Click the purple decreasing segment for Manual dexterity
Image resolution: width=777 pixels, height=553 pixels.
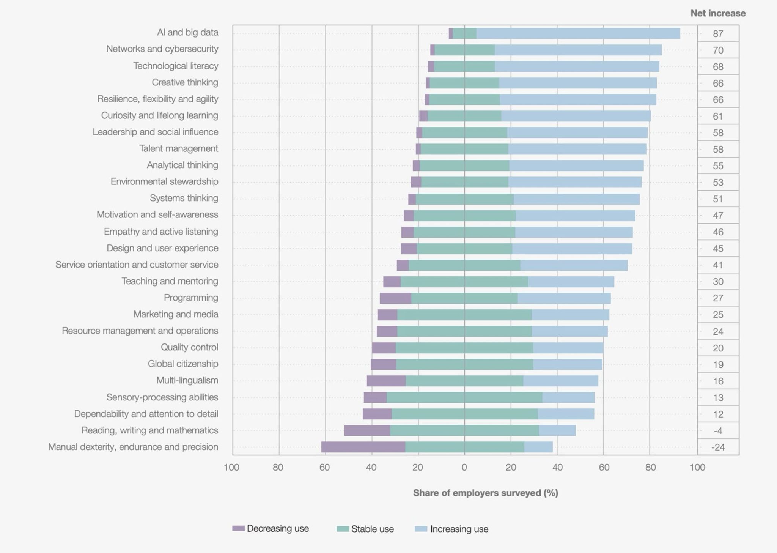(x=363, y=447)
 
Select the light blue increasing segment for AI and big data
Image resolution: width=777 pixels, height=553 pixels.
(x=578, y=33)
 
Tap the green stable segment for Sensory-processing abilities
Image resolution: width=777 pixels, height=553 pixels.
(x=464, y=397)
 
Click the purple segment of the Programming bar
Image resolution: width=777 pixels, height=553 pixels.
(x=395, y=298)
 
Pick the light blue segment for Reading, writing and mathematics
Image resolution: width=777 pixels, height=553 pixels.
(x=557, y=430)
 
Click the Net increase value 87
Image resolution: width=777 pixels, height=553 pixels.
(x=718, y=34)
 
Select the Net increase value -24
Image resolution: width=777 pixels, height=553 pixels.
(x=718, y=447)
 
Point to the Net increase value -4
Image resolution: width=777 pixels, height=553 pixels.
(x=718, y=431)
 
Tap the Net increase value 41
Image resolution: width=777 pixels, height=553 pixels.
(x=718, y=265)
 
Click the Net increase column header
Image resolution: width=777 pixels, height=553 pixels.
(x=718, y=13)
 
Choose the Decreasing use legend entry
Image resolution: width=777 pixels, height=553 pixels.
(x=271, y=529)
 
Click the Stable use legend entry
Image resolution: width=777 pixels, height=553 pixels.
(x=366, y=529)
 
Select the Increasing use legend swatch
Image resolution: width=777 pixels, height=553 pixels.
(x=421, y=529)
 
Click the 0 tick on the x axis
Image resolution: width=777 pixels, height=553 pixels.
(x=464, y=468)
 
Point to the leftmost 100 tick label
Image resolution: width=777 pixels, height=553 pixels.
(x=231, y=468)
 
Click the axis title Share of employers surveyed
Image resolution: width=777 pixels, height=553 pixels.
(x=485, y=493)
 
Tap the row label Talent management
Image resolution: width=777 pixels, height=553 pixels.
(x=179, y=148)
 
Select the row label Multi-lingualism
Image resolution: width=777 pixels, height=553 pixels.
(x=187, y=380)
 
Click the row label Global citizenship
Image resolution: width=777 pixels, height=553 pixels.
(x=183, y=364)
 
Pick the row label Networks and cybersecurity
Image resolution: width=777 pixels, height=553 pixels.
(x=162, y=49)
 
